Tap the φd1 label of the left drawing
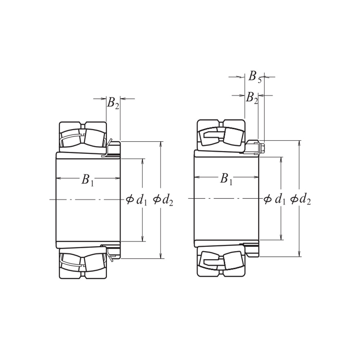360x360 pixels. point(137,200)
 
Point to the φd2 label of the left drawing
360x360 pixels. point(163,200)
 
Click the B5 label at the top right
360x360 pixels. point(255,76)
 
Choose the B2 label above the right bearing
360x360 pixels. point(252,98)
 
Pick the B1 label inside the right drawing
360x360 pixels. point(226,178)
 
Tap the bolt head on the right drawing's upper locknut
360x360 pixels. point(262,147)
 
